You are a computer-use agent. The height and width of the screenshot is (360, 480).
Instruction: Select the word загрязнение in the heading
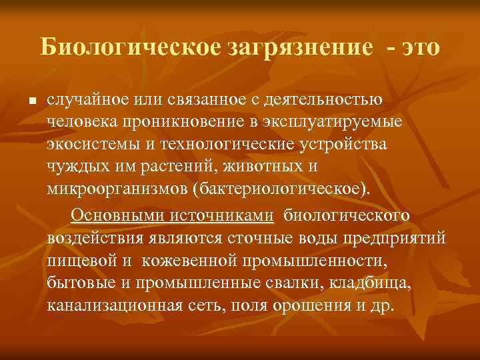click(301, 47)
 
